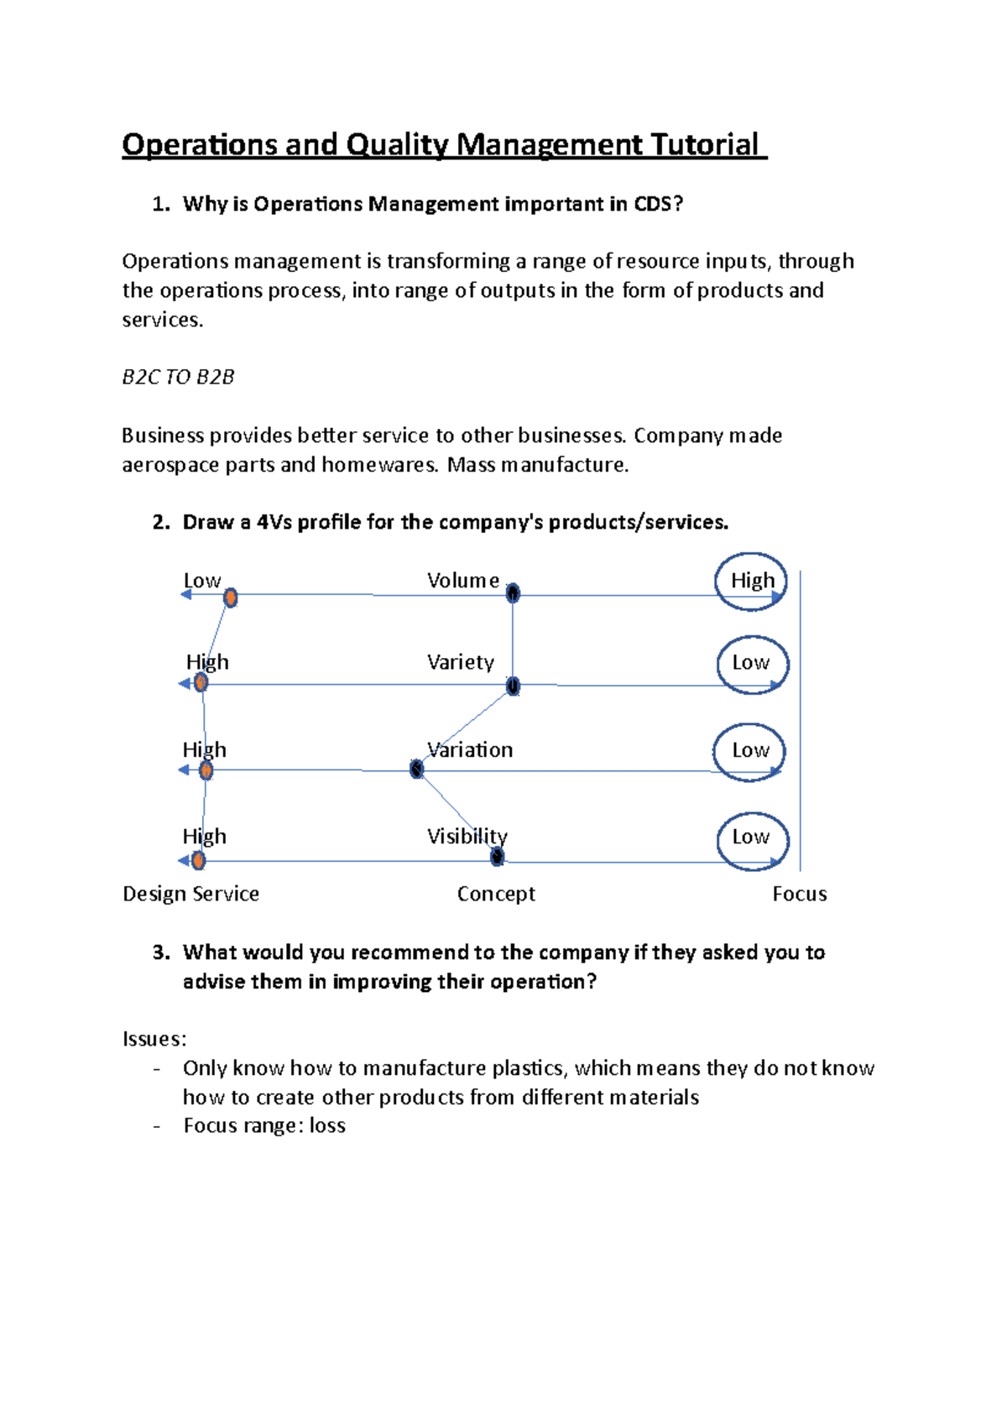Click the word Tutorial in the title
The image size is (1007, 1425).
705,145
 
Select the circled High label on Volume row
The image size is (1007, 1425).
752,581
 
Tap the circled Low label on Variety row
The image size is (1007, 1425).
751,663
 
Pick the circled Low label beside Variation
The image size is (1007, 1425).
750,750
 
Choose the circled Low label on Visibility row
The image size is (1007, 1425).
751,837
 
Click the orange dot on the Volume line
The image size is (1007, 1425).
231,598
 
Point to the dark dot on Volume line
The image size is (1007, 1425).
513,593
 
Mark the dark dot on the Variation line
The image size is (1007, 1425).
416,769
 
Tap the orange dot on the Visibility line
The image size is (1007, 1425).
198,860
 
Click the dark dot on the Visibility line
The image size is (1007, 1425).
497,857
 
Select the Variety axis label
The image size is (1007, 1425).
460,662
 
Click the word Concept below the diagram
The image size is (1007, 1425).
496,894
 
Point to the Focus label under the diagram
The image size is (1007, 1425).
799,894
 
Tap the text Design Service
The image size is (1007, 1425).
190,894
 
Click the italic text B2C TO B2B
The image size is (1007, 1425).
178,377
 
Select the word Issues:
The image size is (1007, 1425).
154,1039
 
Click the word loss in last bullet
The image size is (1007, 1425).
327,1125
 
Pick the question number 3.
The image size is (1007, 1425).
161,953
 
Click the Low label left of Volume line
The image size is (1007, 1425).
201,581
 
